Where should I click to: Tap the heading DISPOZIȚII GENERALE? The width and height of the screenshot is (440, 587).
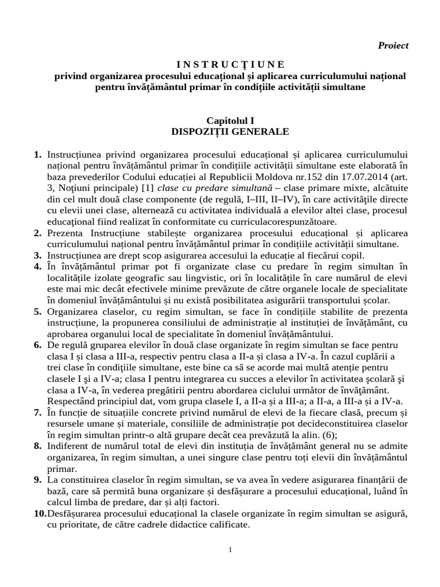click(x=230, y=131)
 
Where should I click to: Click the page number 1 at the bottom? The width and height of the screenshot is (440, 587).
click(x=230, y=550)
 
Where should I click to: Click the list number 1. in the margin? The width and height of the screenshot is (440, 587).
click(x=38, y=155)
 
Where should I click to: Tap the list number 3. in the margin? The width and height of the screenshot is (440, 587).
click(x=38, y=255)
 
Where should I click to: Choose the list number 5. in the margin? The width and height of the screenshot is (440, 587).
click(x=38, y=311)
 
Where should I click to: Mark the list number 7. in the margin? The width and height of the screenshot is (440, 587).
click(x=38, y=412)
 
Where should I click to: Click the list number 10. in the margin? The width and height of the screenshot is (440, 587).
click(x=40, y=513)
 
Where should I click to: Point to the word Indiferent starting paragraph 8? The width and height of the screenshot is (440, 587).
click(x=71, y=445)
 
